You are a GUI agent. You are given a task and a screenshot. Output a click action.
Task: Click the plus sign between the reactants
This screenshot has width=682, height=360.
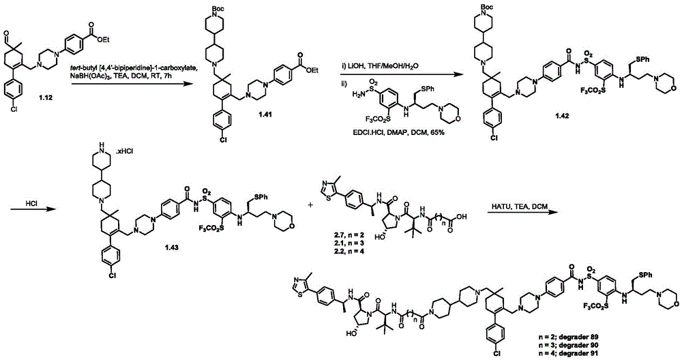click(310, 204)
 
